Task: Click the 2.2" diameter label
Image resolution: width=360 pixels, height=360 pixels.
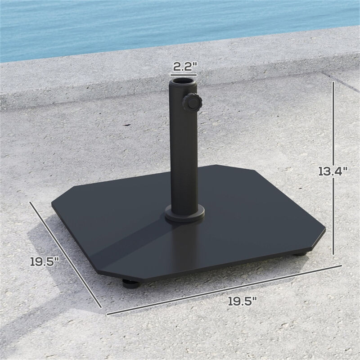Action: [x=184, y=67]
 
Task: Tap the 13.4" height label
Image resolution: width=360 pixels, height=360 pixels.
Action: [x=333, y=171]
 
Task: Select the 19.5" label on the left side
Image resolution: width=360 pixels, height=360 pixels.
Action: [x=45, y=261]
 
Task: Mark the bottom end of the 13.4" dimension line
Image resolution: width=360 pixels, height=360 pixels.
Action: [x=333, y=255]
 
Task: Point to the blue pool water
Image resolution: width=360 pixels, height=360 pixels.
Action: [x=135, y=22]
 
